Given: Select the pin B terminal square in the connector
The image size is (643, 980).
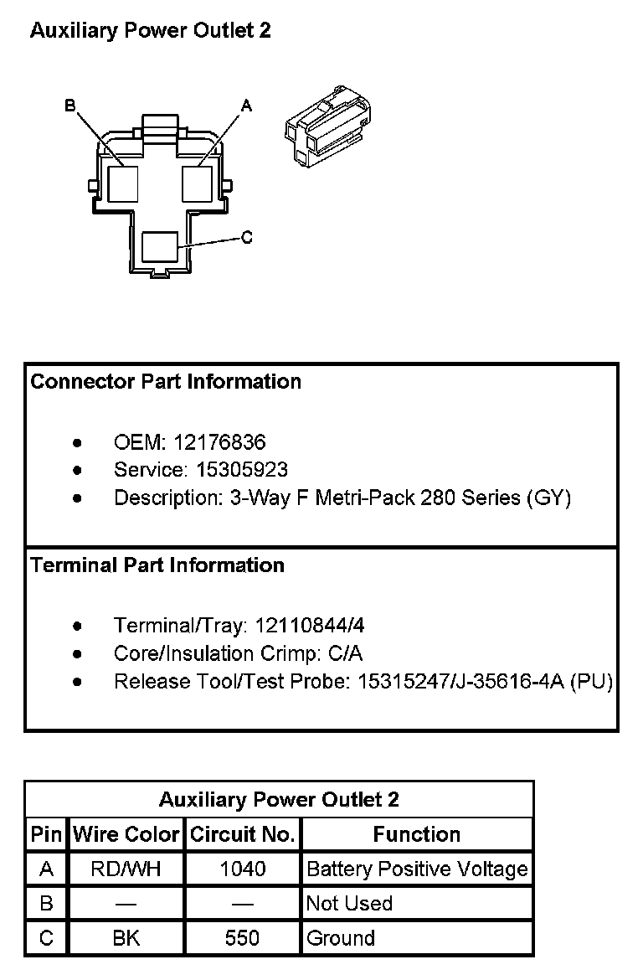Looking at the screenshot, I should (x=122, y=183).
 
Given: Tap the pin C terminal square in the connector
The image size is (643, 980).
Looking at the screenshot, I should (x=160, y=248).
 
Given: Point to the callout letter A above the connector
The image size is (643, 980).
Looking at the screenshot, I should (x=246, y=106).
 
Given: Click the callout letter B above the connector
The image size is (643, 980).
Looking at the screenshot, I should (x=69, y=106).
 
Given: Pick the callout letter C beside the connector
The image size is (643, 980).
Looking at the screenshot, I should (x=247, y=238).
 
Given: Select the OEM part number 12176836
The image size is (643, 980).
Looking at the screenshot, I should (x=220, y=442).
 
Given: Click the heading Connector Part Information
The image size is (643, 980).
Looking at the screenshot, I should (x=166, y=382).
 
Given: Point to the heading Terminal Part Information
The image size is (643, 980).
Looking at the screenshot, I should (x=157, y=565).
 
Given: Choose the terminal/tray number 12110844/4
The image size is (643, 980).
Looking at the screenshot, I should (x=310, y=626).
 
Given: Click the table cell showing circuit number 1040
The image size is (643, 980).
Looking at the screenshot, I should (x=243, y=869).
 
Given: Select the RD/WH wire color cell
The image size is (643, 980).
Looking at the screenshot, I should (x=126, y=869).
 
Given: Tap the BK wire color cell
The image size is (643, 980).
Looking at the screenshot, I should (x=126, y=938).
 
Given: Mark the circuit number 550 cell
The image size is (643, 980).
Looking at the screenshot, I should (x=243, y=938).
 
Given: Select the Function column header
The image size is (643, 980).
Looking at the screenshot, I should (x=417, y=834).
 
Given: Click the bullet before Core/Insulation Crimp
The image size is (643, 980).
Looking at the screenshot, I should (x=78, y=654).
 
